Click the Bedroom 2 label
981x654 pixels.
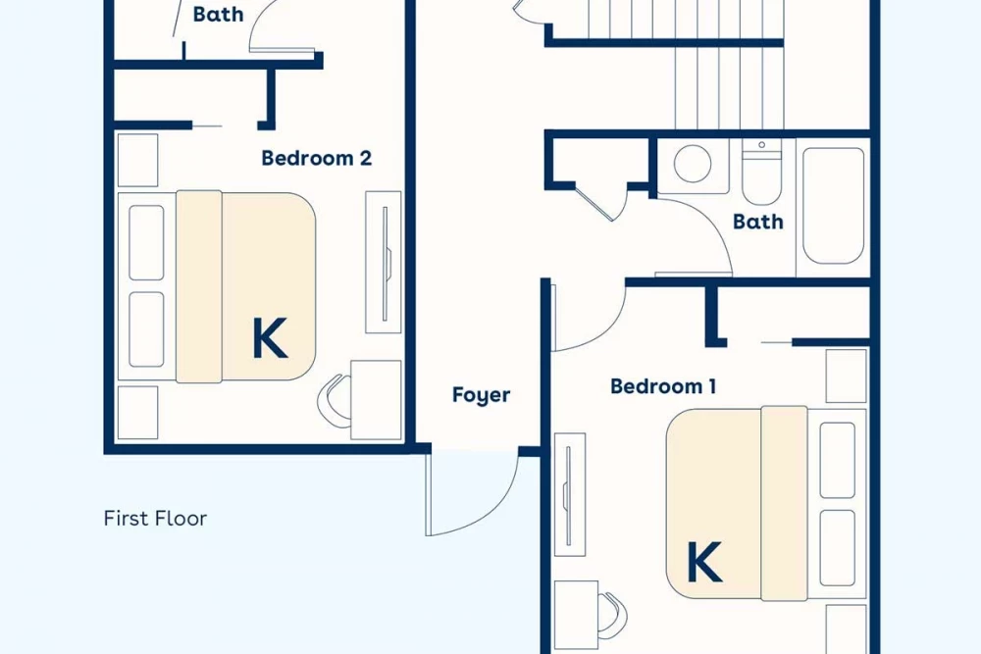(x=317, y=158)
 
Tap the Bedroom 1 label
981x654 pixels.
(x=663, y=385)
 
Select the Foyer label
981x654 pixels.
(x=481, y=395)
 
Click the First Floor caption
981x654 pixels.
(x=155, y=519)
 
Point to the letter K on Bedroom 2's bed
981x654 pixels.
(x=270, y=337)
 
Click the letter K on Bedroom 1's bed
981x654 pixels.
(x=704, y=562)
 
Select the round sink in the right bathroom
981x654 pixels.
(x=693, y=164)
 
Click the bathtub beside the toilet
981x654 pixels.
(x=833, y=206)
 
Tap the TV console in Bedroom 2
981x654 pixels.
(x=384, y=263)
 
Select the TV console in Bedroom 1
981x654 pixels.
(x=570, y=494)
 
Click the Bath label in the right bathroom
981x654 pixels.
(x=757, y=222)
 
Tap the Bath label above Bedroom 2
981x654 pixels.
(x=218, y=14)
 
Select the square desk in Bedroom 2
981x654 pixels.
(x=376, y=399)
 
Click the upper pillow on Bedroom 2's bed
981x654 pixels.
(x=146, y=242)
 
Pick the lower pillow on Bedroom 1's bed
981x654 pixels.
(x=837, y=548)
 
